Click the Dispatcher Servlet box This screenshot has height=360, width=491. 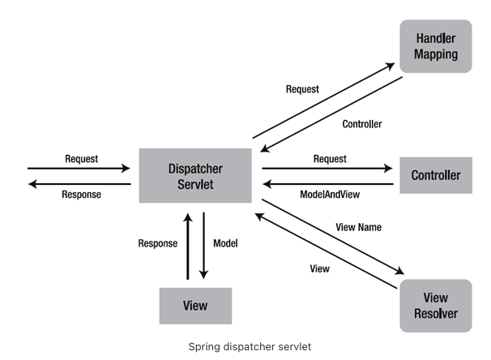[194, 175]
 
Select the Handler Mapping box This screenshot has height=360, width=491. [436, 47]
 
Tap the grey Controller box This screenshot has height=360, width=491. [436, 175]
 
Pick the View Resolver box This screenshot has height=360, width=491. [436, 306]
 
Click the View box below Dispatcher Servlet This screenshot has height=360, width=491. [194, 306]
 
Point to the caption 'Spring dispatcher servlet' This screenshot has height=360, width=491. [245, 346]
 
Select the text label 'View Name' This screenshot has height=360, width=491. [358, 227]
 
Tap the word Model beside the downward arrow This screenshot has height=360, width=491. [225, 243]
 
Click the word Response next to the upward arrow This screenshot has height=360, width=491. [158, 243]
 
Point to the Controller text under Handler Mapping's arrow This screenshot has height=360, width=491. [362, 124]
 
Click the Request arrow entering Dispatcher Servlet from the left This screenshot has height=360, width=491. [79, 169]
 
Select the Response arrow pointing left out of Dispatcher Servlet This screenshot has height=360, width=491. [79, 184]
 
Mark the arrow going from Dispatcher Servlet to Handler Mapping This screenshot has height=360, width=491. [324, 101]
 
